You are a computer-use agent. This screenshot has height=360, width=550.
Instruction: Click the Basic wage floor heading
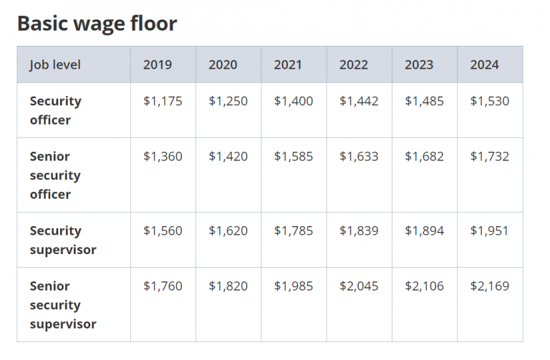click(x=97, y=24)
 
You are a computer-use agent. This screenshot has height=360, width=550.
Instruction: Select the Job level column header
click(x=55, y=65)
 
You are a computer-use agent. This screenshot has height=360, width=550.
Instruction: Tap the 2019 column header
click(x=158, y=65)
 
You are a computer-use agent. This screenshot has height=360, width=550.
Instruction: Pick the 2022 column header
click(x=354, y=65)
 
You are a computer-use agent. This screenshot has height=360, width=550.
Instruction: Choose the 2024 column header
click(x=484, y=65)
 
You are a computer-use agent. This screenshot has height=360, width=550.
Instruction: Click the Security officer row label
click(x=55, y=110)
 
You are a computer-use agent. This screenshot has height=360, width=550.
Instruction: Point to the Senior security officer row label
click(x=55, y=175)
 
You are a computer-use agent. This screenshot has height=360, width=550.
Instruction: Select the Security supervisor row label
click(x=62, y=240)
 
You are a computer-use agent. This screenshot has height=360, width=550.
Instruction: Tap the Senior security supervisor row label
click(x=62, y=305)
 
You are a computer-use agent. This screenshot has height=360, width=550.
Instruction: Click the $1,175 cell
click(x=163, y=102)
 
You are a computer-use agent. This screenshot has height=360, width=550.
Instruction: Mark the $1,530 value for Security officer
click(x=490, y=102)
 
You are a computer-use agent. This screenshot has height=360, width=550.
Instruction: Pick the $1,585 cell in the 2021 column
click(x=294, y=157)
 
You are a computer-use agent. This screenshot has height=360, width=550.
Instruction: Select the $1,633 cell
click(x=359, y=157)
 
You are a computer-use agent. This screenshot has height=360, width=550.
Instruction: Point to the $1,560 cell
click(x=163, y=231)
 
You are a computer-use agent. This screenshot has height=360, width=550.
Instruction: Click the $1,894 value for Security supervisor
click(x=424, y=231)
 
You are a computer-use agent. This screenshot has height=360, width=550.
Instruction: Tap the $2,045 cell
click(x=359, y=286)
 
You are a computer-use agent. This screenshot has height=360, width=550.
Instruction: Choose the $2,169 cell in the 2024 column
click(x=490, y=286)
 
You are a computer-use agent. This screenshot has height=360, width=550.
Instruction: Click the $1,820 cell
click(x=228, y=286)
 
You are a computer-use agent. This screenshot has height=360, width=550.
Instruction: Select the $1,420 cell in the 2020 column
click(x=228, y=157)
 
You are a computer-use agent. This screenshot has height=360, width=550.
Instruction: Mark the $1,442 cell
click(x=359, y=102)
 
